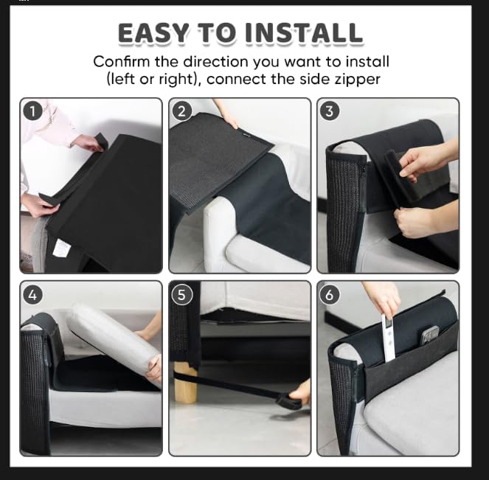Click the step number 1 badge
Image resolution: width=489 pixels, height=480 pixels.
[x=32, y=111]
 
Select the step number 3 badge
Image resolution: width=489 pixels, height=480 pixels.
[x=330, y=111]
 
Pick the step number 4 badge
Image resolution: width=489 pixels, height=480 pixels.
[x=32, y=294]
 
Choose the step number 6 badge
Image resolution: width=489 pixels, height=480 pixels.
[x=330, y=294]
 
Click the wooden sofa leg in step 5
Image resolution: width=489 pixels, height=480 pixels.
[x=186, y=381]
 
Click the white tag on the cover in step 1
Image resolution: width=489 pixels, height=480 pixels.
[x=63, y=250]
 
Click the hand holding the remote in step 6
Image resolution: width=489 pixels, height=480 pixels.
[x=382, y=297]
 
